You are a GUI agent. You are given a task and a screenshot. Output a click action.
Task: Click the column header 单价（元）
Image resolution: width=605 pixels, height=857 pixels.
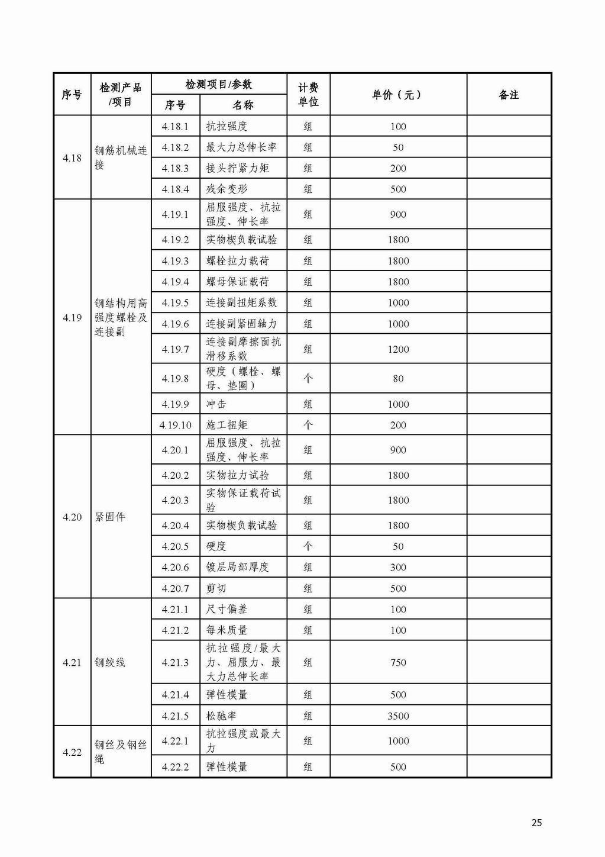397,95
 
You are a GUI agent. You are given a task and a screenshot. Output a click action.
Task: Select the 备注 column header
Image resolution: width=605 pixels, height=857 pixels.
509,95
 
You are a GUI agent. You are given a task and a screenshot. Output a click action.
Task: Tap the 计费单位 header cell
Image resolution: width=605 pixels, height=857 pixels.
308,95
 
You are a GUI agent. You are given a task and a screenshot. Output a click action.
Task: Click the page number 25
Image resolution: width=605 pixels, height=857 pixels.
536,822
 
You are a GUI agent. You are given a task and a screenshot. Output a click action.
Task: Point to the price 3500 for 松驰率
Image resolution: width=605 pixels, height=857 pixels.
398,716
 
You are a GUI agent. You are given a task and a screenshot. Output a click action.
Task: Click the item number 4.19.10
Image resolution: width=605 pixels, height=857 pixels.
176,425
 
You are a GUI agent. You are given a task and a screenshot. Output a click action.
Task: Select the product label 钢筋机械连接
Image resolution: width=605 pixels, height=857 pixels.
121,157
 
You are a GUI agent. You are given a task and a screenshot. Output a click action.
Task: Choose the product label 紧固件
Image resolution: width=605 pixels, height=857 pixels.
111,517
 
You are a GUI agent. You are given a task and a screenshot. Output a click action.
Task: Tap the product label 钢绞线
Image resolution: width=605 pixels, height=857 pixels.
111,662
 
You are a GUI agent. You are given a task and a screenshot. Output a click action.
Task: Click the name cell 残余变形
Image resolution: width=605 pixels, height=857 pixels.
227,189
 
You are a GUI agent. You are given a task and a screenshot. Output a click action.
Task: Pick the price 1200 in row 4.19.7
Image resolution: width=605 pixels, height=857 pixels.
398,349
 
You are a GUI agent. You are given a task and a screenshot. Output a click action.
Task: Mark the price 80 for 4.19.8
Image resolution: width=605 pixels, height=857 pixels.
398,378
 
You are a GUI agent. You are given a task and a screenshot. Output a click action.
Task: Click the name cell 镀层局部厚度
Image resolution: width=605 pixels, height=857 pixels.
237,567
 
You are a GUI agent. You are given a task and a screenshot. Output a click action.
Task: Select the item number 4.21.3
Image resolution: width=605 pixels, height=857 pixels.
176,662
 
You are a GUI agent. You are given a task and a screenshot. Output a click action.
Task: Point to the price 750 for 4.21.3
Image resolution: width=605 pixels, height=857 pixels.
398,662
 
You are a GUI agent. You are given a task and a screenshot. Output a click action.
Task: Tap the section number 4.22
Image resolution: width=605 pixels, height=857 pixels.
72,752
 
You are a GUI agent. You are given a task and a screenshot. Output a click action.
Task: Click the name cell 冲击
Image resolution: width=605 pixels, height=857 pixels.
216,404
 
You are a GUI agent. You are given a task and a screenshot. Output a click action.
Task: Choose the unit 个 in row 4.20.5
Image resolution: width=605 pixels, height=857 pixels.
308,546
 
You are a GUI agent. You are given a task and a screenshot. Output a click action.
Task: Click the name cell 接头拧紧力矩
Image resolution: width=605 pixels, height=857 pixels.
237,168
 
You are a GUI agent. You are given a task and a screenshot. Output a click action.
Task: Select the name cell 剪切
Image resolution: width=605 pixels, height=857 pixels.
216,588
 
